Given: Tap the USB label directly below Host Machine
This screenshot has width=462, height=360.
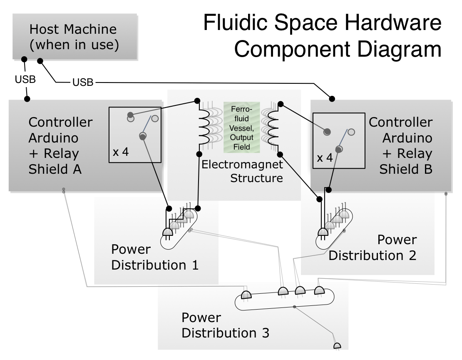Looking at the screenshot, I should pyautogui.click(x=25, y=79).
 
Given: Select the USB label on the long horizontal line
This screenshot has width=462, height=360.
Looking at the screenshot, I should pyautogui.click(x=83, y=82).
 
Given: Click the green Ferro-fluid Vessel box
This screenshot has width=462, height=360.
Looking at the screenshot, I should pyautogui.click(x=241, y=126).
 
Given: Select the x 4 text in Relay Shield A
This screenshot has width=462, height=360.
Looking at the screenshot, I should pyautogui.click(x=121, y=152).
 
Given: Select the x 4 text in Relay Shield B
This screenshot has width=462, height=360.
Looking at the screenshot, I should pyautogui.click(x=325, y=158).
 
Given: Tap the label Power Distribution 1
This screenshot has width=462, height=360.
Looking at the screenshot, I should pyautogui.click(x=154, y=257).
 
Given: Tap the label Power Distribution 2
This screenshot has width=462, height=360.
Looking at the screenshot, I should pyautogui.click(x=373, y=247).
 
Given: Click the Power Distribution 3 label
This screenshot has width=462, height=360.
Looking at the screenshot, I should pyautogui.click(x=225, y=325).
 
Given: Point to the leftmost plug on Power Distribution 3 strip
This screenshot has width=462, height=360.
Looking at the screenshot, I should pyautogui.click(x=246, y=295).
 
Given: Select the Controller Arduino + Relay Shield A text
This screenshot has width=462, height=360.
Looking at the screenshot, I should pyautogui.click(x=60, y=146).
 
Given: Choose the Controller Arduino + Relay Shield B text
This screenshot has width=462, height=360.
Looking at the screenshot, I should pyautogui.click(x=401, y=146).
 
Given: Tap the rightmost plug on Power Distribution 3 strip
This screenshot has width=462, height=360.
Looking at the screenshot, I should pyautogui.click(x=320, y=290).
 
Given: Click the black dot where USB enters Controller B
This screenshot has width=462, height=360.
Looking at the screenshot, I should pyautogui.click(x=332, y=99).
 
